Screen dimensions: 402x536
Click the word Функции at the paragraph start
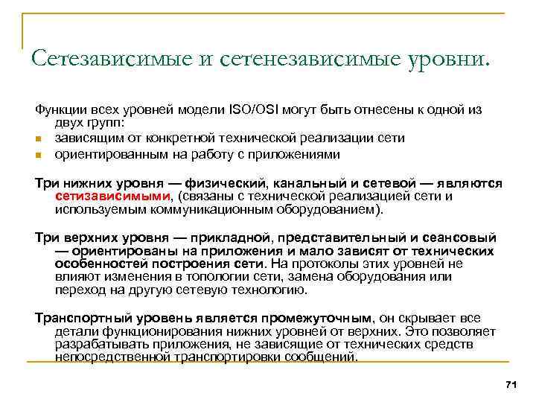(x=60, y=109)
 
